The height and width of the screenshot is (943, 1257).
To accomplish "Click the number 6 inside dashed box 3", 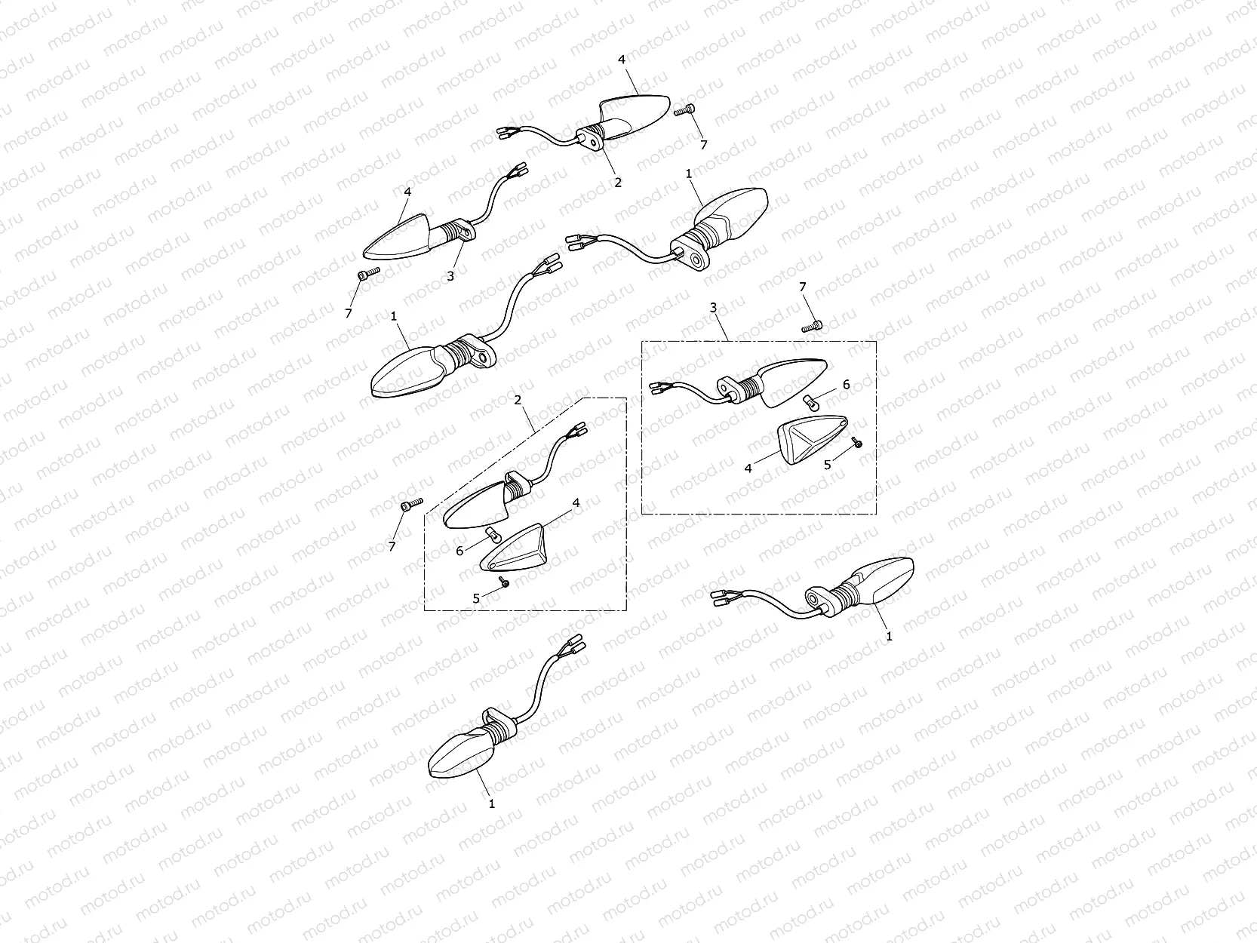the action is [847, 385].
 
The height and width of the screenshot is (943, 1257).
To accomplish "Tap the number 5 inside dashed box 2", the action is [476, 598].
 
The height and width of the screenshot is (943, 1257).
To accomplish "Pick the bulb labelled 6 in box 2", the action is [492, 536].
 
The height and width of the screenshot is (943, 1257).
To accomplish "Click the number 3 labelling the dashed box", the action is [713, 308].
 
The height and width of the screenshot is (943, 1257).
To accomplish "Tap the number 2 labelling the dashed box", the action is [518, 400].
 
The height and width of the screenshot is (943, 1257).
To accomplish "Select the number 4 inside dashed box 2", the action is [576, 502].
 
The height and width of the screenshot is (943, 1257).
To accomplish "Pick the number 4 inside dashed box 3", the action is [748, 468].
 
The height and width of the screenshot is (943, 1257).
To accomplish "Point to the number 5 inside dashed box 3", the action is [827, 465].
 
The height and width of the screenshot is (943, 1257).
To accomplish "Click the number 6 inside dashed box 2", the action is [459, 551].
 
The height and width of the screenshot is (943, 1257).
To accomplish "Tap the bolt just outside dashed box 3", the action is [812, 327].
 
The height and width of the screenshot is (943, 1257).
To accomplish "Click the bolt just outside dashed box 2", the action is [412, 505].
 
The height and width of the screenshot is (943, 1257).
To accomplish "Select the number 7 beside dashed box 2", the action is [392, 547].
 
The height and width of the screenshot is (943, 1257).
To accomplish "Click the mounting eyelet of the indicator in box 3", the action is [728, 387].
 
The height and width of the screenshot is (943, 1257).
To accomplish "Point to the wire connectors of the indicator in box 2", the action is [576, 431].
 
